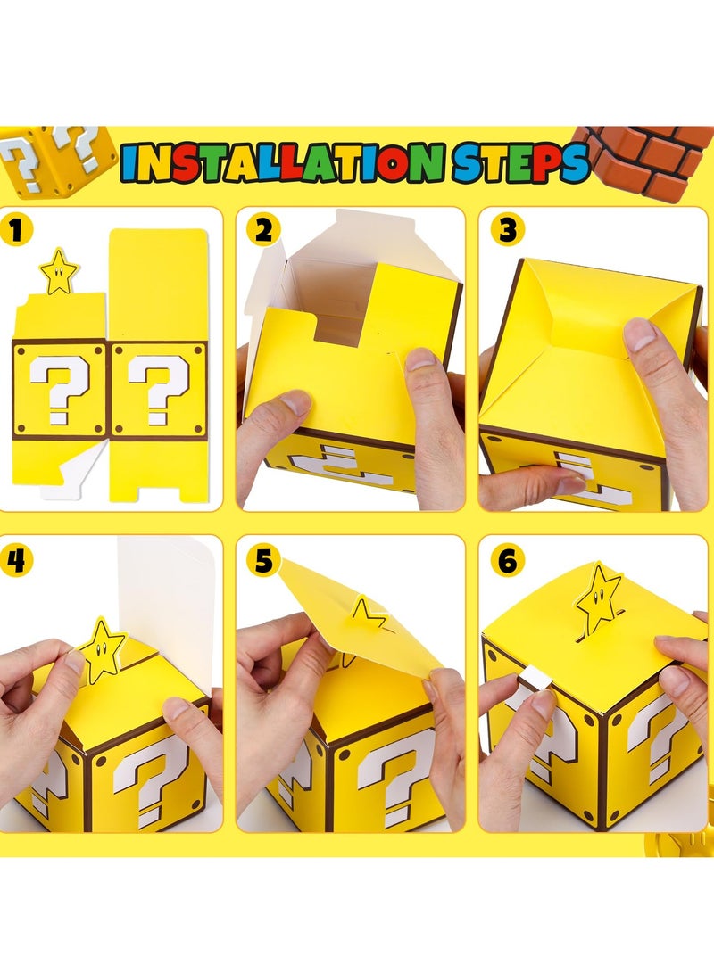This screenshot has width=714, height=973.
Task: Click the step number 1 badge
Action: pyautogui.click(x=19, y=231)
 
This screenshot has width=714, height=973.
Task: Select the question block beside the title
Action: pyautogui.click(x=54, y=159)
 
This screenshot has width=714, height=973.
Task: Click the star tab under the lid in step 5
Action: pyautogui.click(x=367, y=614)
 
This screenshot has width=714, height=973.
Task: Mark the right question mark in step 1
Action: pyautogui.click(x=157, y=388)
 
